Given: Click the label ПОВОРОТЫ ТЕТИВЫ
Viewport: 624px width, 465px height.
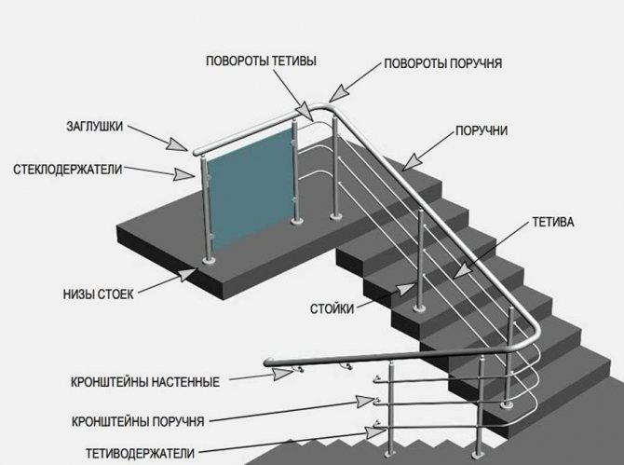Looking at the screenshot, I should click(260, 61).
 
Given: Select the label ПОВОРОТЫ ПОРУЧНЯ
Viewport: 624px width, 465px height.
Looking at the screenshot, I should click(443, 64).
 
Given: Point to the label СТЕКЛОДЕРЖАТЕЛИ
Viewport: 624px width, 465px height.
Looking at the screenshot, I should click(69, 170).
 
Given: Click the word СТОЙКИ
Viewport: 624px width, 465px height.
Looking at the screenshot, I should click(332, 308).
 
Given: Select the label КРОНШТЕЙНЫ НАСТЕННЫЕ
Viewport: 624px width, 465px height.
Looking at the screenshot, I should click(145, 382).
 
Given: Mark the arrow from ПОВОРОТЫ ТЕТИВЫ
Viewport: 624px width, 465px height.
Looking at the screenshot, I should click(293, 92).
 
